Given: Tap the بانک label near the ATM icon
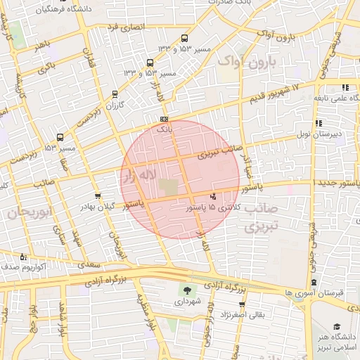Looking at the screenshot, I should (x=163, y=130).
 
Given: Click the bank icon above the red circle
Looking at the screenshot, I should (x=164, y=119).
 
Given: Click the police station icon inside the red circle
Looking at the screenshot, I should (x=213, y=196).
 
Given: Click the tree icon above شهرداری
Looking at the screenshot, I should (x=187, y=290).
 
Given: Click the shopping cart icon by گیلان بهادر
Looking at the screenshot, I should (x=97, y=196).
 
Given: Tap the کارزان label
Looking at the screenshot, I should (x=115, y=105).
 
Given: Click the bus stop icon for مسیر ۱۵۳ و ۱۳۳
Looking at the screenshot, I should (x=185, y=39).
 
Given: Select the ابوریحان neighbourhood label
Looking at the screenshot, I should (x=27, y=212).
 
